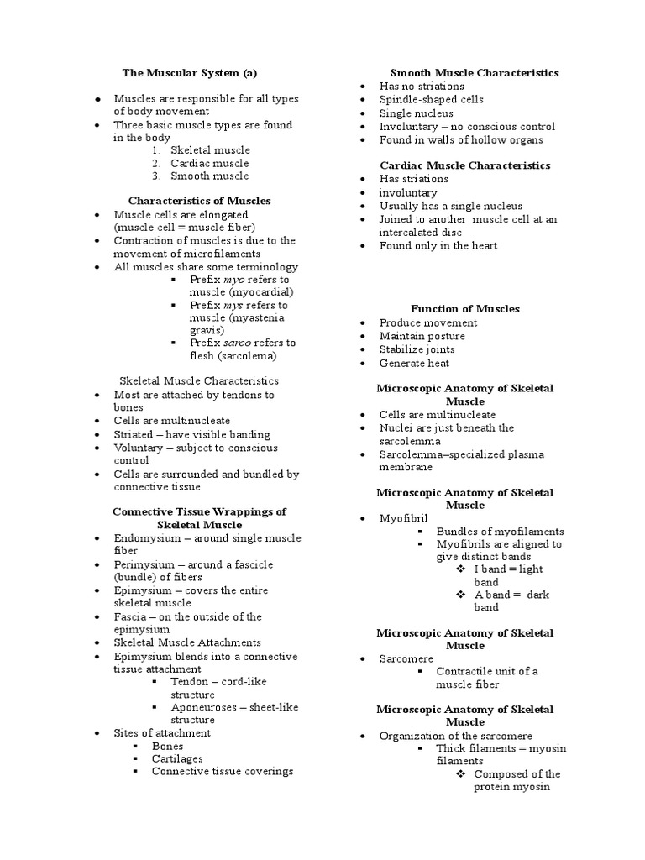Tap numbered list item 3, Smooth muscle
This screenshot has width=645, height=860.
(209, 176)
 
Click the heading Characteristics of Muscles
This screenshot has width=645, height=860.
(199, 201)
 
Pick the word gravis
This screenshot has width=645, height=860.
(206, 330)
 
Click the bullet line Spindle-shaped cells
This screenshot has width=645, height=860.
(431, 99)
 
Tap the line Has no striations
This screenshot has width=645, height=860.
(421, 86)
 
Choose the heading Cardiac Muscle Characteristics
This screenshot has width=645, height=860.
(464, 165)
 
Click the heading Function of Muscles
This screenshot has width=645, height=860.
(464, 309)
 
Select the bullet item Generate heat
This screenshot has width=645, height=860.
(414, 363)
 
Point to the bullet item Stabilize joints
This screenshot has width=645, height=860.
(417, 349)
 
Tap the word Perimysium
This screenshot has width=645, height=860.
(145, 564)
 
